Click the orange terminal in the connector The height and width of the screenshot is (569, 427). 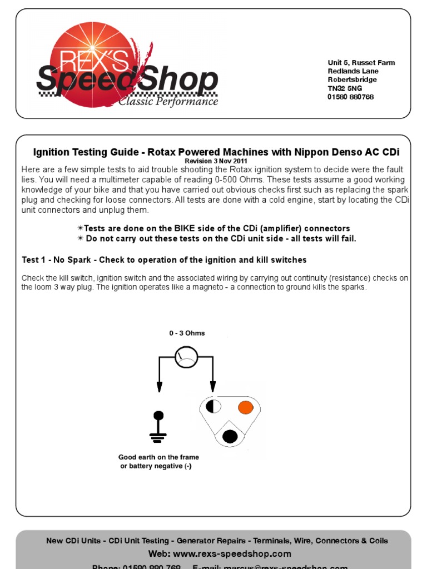[x=245, y=407]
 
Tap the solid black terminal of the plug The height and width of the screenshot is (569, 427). [x=230, y=436]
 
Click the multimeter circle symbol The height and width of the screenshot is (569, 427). [x=186, y=358]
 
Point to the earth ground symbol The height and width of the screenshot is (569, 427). [x=158, y=428]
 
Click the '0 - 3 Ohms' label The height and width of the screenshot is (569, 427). [x=187, y=333]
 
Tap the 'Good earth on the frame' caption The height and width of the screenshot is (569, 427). [x=158, y=457]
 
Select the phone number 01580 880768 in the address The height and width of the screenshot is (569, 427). [x=350, y=97]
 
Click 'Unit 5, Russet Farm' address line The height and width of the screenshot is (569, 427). [x=361, y=63]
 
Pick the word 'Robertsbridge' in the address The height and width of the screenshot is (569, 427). [x=352, y=79]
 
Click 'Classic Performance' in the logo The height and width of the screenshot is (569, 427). [x=168, y=102]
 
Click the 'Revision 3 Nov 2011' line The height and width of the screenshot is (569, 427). [x=216, y=161]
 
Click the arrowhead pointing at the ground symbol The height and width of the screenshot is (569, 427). [x=159, y=387]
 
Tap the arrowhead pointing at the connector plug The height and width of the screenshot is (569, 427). [x=212, y=387]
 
